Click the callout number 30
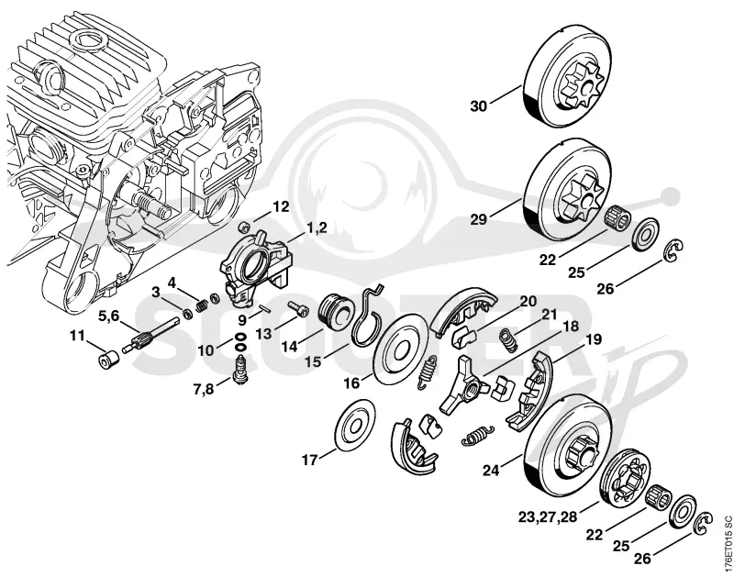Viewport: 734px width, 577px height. tap(478, 106)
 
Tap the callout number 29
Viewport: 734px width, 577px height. tap(478, 219)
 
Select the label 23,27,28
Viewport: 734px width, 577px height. tap(548, 517)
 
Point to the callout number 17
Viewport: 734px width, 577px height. tap(309, 460)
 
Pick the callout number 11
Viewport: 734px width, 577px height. tap(78, 336)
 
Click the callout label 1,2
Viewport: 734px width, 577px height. tap(317, 228)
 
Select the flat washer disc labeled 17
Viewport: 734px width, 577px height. tap(357, 425)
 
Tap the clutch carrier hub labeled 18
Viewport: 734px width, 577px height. tap(465, 386)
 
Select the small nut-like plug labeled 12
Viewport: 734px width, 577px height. tap(242, 227)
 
